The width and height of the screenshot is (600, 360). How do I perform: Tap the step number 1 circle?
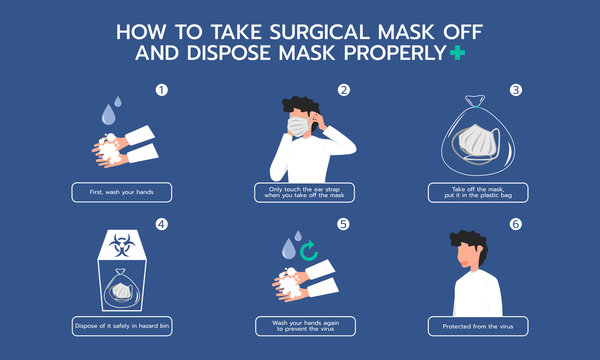[x=159, y=90]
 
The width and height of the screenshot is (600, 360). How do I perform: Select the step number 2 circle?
[x=344, y=90]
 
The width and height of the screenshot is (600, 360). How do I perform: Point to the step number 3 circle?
[x=516, y=90]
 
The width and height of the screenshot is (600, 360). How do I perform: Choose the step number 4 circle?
[x=159, y=224]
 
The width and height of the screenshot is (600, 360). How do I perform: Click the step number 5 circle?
[x=344, y=224]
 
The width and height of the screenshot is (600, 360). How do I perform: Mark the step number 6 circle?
[x=516, y=224]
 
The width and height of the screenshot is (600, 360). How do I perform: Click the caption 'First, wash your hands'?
[x=121, y=191]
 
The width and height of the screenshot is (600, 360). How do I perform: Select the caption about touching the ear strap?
[x=307, y=193]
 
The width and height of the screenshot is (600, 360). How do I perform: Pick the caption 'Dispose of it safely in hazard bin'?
[x=121, y=326]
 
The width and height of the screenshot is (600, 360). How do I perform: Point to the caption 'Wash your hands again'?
[x=307, y=326]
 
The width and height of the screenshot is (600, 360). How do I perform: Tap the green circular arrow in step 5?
[x=309, y=249]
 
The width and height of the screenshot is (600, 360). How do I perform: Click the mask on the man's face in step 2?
[x=299, y=126]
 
